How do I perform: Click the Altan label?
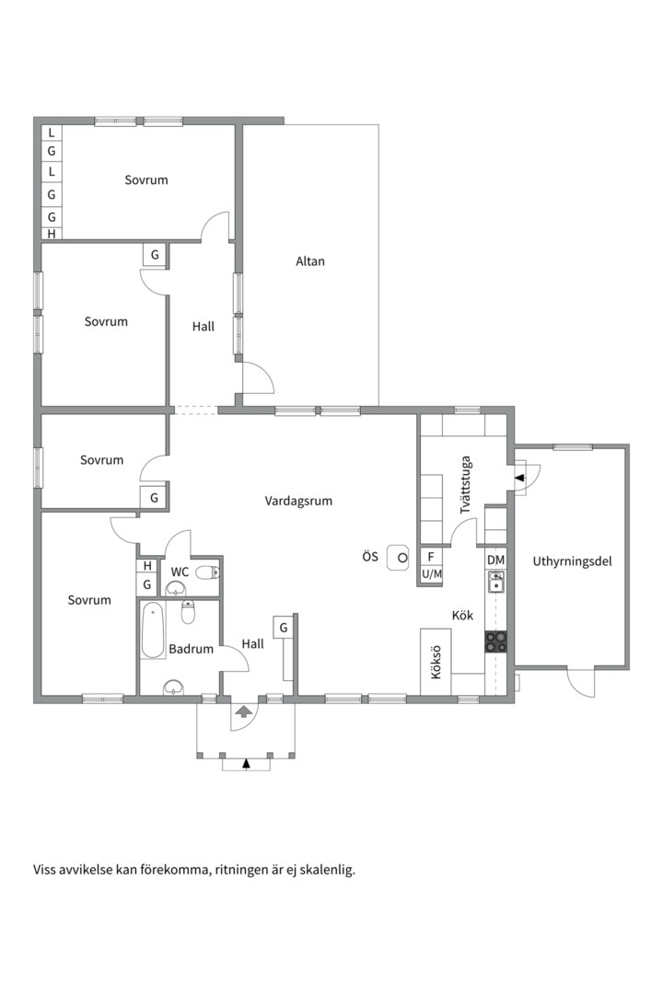[x=310, y=261]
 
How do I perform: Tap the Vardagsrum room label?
[x=298, y=502]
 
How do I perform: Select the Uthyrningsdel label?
[x=572, y=561]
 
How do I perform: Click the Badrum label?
[x=191, y=649]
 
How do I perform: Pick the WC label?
[x=180, y=572]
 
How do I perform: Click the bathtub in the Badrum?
[x=153, y=630]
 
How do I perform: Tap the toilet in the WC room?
[x=207, y=572]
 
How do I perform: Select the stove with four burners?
[x=496, y=641]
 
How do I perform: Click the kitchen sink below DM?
[x=496, y=582]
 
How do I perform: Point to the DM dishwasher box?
[x=496, y=560]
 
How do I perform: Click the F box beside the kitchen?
[x=431, y=557]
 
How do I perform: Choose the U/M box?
[x=431, y=574]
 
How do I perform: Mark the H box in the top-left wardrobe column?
[x=52, y=234]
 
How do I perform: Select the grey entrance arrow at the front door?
[x=244, y=711]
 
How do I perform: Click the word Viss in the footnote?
[x=46, y=869]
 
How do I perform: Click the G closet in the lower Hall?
[x=284, y=627]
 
